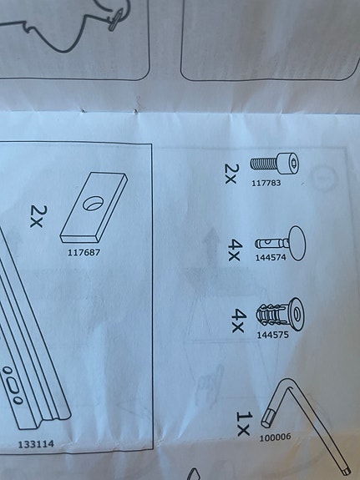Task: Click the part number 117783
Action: [266, 183]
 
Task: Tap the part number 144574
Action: [271, 257]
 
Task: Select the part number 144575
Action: [272, 335]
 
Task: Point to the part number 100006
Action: [275, 437]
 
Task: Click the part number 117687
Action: [84, 253]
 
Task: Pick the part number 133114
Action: [36, 444]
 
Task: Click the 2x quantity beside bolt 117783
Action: [231, 174]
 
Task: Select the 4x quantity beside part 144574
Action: [236, 250]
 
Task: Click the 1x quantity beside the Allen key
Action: [244, 424]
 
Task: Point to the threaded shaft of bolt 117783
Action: [264, 164]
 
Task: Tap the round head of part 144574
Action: [297, 243]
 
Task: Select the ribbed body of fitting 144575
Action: [271, 316]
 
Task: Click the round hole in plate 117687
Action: [94, 203]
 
